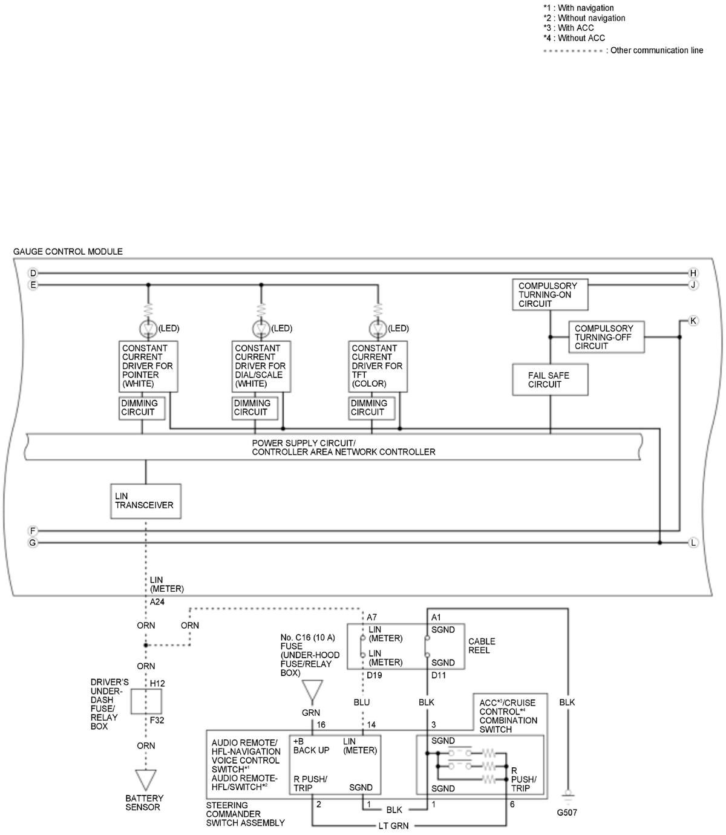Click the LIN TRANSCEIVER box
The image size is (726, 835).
[x=145, y=501]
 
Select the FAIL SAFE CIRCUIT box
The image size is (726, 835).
[x=550, y=379]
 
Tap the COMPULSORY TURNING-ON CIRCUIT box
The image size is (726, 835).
[x=550, y=294]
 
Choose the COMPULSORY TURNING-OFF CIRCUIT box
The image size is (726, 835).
[x=606, y=336]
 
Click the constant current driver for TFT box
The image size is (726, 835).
[x=378, y=366]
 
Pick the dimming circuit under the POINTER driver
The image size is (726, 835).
[x=142, y=408]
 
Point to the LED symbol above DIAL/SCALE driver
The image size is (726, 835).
[x=261, y=328]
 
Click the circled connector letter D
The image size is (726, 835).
[x=33, y=273]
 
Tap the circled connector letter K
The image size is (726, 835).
[x=693, y=321]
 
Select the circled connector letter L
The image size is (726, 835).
[x=693, y=543]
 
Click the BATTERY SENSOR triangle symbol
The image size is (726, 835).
[x=146, y=780]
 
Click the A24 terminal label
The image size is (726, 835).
[x=157, y=601]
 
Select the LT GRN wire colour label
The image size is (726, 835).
[x=393, y=825]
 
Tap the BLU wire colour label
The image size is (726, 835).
[x=362, y=702]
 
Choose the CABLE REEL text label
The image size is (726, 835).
[x=482, y=646]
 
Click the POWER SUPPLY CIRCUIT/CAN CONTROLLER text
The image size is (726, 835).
[x=343, y=447]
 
